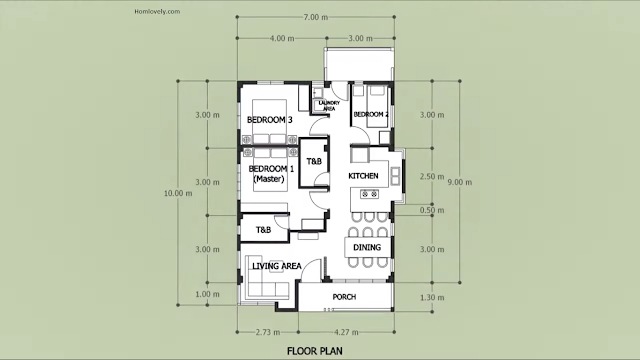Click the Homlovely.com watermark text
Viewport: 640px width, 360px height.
[157, 11]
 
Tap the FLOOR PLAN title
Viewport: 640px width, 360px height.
[315, 351]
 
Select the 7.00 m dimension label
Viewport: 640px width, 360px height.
[316, 17]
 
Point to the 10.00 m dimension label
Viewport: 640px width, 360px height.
[178, 193]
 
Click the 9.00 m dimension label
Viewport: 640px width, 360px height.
[460, 182]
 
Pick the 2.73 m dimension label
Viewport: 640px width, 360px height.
[268, 332]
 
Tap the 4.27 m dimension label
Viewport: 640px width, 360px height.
[346, 332]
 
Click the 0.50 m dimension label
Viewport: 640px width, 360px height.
[432, 211]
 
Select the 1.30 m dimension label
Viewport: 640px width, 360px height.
[432, 298]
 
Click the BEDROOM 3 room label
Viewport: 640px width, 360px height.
[270, 120]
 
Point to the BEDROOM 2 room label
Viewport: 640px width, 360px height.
[371, 114]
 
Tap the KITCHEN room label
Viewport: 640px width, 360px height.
[363, 176]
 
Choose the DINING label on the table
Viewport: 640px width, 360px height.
[367, 247]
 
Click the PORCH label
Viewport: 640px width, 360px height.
[344, 297]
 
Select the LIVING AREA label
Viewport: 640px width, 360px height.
[277, 266]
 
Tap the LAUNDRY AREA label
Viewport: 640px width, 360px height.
[329, 106]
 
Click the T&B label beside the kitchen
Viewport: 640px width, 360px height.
[314, 162]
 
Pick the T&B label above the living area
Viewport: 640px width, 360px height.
[263, 230]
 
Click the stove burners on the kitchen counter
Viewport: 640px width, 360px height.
[369, 194]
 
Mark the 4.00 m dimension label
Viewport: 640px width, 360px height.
[282, 38]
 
